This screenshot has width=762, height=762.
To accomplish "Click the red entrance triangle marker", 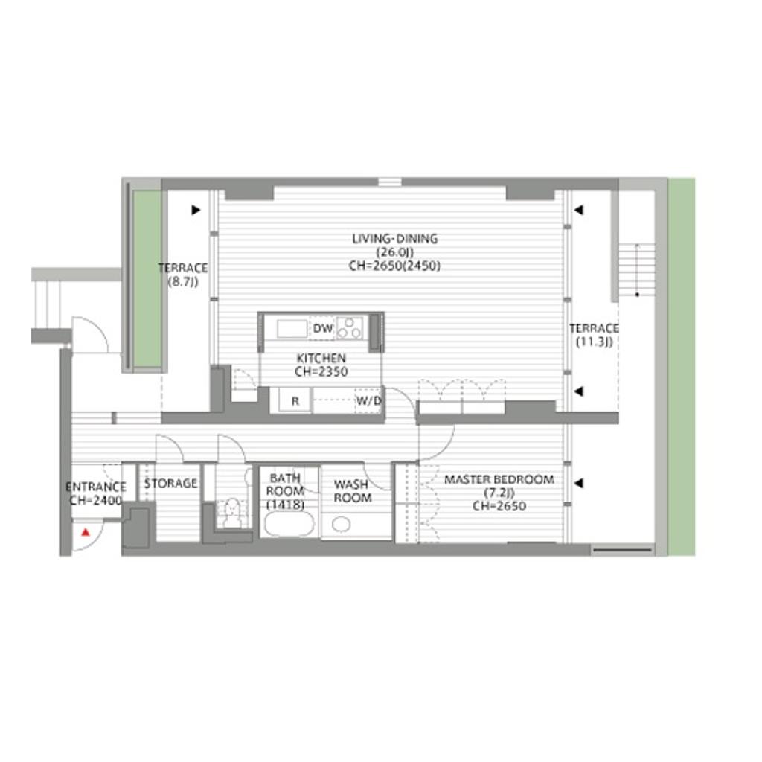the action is point(86,532).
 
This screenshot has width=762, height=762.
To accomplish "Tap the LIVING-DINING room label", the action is point(394,239).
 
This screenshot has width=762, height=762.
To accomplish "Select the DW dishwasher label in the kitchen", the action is point(323,328).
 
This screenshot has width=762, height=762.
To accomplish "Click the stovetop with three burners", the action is point(350,327).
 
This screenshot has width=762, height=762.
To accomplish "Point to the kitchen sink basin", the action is point(292,329).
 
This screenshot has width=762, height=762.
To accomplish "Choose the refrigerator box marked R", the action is point(295,401).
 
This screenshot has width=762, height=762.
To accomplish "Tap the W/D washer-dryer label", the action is point(369,401).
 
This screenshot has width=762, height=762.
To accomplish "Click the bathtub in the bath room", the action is point(289,524).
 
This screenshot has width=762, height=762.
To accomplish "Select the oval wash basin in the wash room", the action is point(342,524).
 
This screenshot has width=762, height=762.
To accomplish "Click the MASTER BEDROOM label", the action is point(499,480).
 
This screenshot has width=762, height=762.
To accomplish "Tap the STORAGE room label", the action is point(170,484).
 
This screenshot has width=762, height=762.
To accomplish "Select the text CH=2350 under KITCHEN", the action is point(321,372).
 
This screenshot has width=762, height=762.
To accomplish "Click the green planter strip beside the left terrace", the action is point(147,278).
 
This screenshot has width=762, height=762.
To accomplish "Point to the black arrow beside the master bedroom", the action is point(578,484).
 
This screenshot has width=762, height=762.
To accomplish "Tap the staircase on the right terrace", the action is point(637,269).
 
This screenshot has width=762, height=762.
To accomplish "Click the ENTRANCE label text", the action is point(96,487).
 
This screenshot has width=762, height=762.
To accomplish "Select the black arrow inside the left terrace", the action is point(196,210).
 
